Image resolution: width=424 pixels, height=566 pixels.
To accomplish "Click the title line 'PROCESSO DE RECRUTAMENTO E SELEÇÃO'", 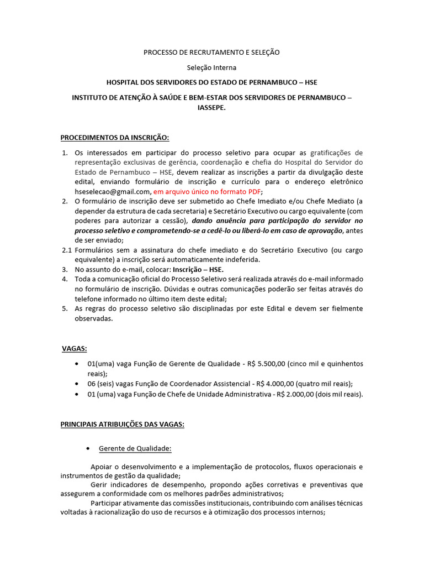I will [x=211, y=52].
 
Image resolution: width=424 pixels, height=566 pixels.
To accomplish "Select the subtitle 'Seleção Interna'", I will [x=211, y=67].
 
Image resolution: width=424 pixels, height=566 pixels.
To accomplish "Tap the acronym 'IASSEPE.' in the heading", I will [x=211, y=108].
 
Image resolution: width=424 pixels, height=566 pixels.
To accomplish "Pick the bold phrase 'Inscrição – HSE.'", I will [x=195, y=269].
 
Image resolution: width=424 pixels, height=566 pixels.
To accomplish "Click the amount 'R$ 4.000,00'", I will [x=274, y=384].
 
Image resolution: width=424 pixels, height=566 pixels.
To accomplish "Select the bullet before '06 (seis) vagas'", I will [x=76, y=384].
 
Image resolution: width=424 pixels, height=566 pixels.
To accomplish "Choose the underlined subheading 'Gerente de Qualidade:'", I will [x=135, y=448].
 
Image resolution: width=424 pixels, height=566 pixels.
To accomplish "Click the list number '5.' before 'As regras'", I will [x=64, y=308].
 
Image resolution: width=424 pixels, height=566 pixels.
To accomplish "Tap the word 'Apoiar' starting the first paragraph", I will [x=101, y=467].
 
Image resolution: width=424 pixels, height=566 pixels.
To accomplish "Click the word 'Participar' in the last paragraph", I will [x=107, y=503].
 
